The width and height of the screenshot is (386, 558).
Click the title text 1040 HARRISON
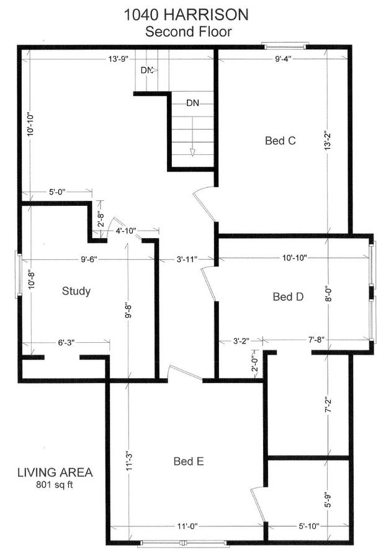click(186, 15)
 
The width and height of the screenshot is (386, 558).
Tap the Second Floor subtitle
click(189, 32)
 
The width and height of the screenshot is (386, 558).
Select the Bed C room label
click(281, 141)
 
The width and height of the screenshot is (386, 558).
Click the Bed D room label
click(288, 296)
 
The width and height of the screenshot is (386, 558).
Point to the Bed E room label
click(189, 461)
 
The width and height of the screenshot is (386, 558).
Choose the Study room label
click(76, 291)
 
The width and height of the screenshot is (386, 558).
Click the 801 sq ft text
click(55, 484)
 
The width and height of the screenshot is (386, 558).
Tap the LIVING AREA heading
click(55, 472)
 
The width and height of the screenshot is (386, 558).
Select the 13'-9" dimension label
click(119, 59)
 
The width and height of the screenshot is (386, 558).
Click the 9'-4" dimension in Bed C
click(283, 59)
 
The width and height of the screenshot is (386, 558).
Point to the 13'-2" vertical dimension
click(328, 141)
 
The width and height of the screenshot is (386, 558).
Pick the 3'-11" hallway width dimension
click(187, 259)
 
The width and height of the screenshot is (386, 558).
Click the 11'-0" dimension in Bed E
click(187, 526)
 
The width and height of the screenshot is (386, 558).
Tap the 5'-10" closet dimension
click(308, 526)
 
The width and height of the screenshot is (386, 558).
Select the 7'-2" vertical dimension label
click(328, 405)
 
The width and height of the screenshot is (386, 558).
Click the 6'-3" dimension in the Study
click(66, 342)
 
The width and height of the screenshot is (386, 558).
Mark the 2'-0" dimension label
click(254, 364)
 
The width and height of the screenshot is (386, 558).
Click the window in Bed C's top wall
click(285, 45)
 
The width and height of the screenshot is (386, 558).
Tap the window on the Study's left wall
click(18, 275)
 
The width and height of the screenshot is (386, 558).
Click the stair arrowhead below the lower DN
click(192, 153)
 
